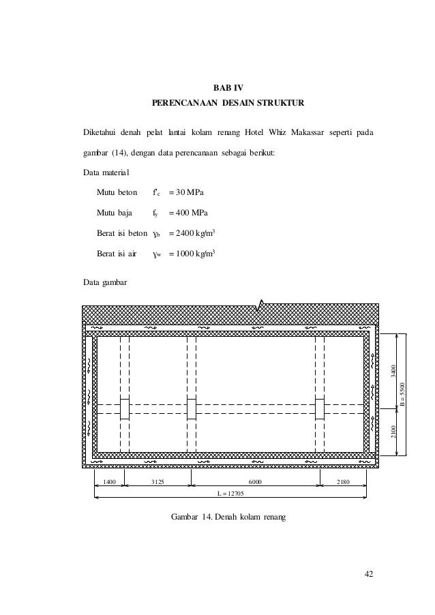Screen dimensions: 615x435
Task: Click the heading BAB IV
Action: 228,88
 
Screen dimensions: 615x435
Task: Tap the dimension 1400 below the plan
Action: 110,482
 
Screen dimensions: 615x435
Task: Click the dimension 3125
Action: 158,482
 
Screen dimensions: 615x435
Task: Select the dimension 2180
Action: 343,482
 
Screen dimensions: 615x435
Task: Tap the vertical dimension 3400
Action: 392,372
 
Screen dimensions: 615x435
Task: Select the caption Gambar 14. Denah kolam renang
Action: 230,517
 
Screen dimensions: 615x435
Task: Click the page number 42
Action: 368,573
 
